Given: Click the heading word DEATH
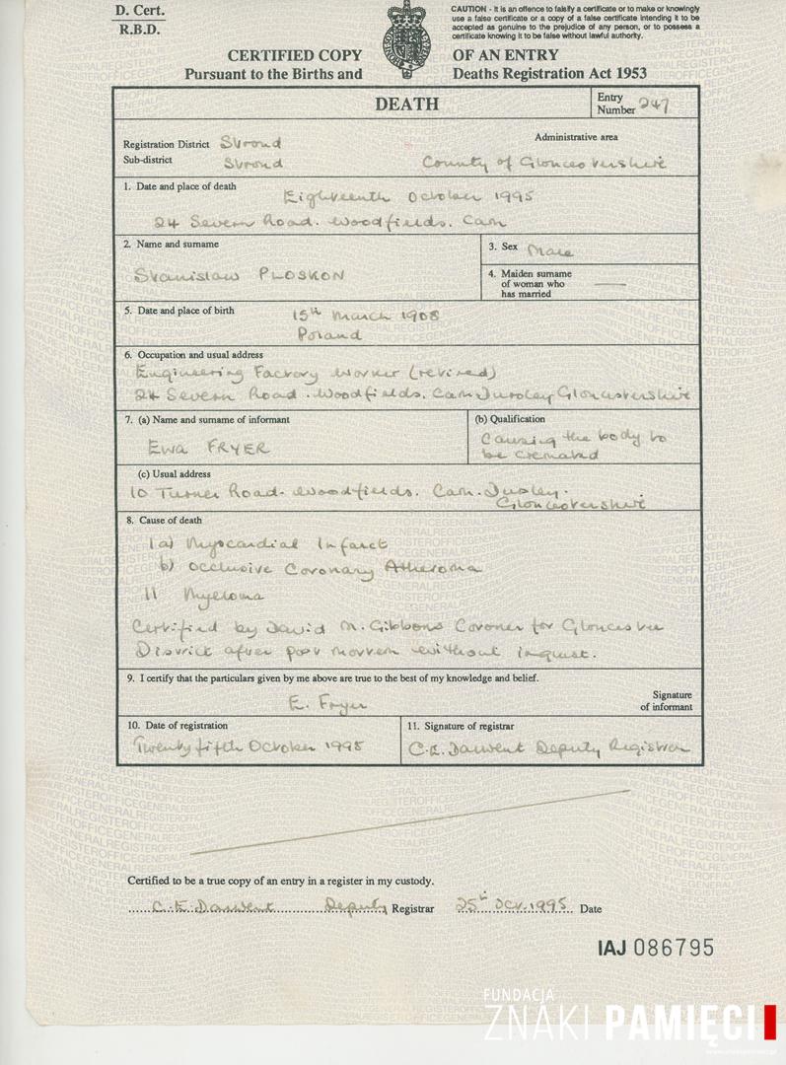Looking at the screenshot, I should [x=405, y=105].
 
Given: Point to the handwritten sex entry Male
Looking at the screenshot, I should [x=550, y=250].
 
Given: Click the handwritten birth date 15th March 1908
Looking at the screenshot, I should [x=366, y=316].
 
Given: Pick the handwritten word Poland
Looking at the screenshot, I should [x=328, y=334].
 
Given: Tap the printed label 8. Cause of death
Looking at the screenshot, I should [x=163, y=520].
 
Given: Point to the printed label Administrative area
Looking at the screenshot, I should [x=576, y=137].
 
